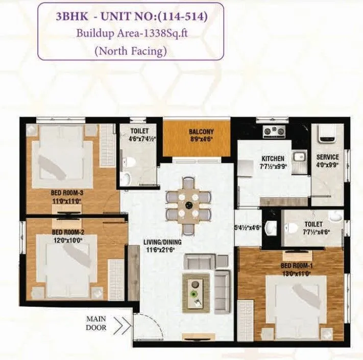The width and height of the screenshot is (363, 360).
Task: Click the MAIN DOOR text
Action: click(96, 324)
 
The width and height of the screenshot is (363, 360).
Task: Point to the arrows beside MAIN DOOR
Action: click(122, 323)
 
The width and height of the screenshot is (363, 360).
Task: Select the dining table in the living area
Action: click(188, 205)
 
